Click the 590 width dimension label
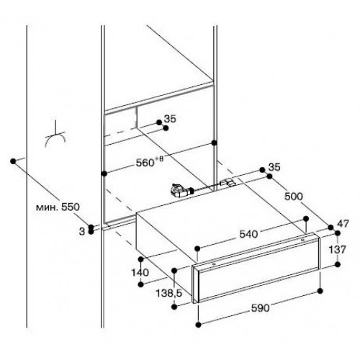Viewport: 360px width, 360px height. tap(260, 308)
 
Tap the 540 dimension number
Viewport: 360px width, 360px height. tap(248, 234)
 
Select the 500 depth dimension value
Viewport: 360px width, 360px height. tap(294, 197)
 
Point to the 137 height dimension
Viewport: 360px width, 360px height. tap(337, 250)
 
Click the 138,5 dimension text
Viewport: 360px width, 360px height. tap(169, 293)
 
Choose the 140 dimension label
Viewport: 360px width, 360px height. tap(140, 272)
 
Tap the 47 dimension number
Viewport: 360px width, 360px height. tap(343, 224)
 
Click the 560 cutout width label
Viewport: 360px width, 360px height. tap(145, 163)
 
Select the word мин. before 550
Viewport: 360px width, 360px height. tap(47, 207)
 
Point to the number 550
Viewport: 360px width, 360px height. tap(70, 207)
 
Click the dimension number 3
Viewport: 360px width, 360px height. tap(82, 232)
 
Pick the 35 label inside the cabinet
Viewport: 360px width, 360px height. tap(170, 119)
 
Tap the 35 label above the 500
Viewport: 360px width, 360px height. tap(274, 167)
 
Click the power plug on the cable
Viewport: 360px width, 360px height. tap(179, 189)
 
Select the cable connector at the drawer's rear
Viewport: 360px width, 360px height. tap(228, 183)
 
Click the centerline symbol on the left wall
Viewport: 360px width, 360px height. tap(55, 135)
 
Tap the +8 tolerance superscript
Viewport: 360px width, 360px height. tap(158, 159)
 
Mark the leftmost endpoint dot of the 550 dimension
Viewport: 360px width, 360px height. tap(13, 161)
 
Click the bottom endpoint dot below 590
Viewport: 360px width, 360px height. tap(198, 325)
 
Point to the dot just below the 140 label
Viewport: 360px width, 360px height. tap(141, 284)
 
